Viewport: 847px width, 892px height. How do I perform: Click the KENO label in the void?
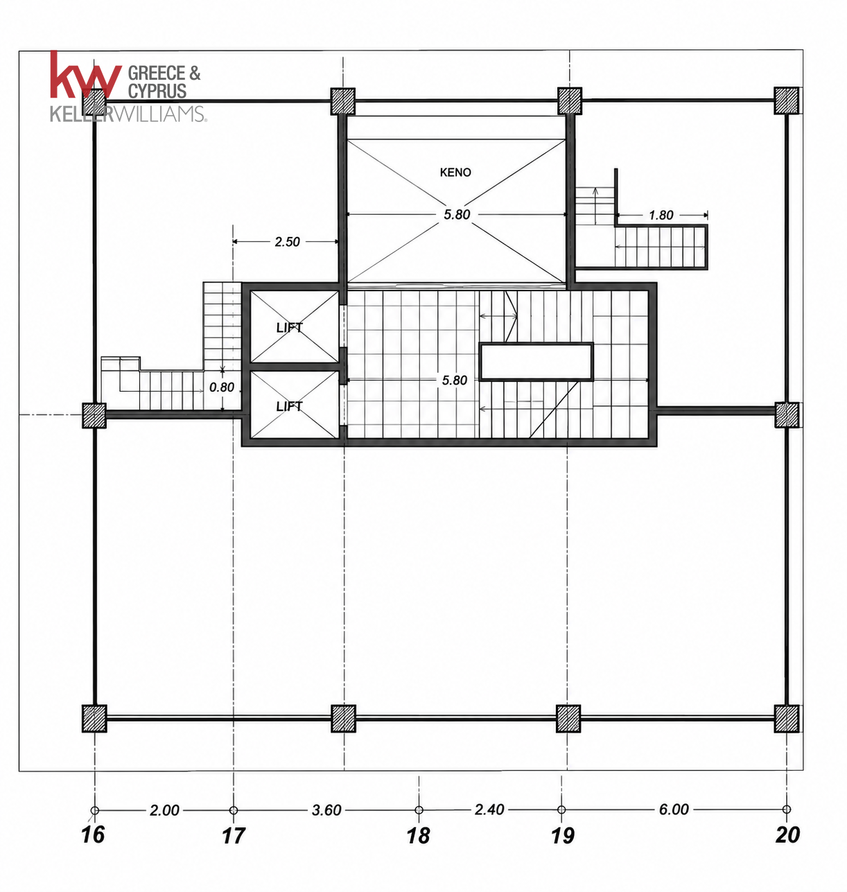[x=455, y=173]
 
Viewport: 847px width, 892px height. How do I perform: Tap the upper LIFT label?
[x=289, y=327]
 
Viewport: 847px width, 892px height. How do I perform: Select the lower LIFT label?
[x=289, y=406]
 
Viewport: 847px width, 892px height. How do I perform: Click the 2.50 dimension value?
[x=287, y=241]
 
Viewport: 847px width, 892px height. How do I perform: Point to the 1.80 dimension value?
[x=661, y=215]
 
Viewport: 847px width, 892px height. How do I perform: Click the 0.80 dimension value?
[x=222, y=387]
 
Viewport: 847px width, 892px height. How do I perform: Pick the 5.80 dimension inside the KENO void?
[x=457, y=214]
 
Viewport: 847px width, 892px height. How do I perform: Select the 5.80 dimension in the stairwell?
[x=455, y=381]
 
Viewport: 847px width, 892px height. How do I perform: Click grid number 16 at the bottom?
[x=93, y=834]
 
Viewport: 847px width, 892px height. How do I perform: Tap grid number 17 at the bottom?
[x=234, y=835]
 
